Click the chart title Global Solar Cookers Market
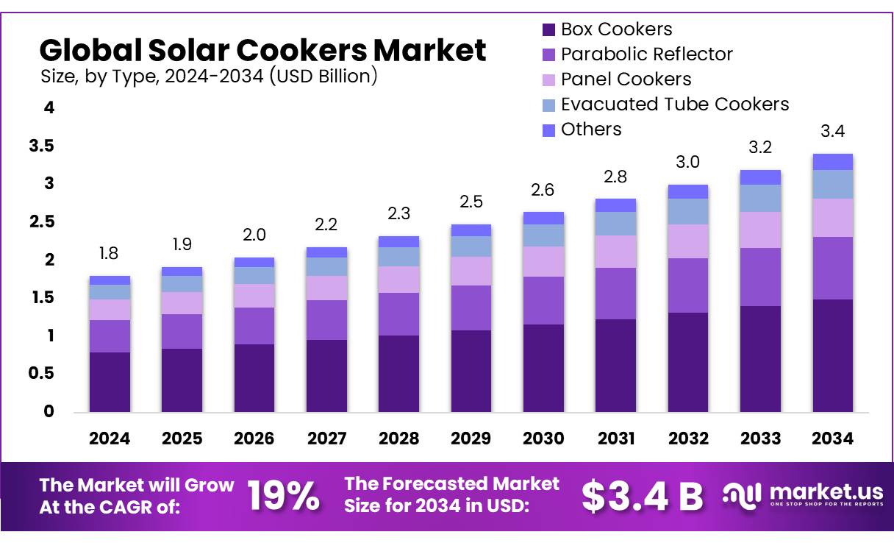[262, 50]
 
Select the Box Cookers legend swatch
[548, 30]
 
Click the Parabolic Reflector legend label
[646, 54]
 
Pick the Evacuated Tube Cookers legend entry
[674, 104]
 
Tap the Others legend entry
[590, 129]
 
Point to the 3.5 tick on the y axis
[42, 146]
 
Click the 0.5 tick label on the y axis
[42, 373]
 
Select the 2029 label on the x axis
[471, 439]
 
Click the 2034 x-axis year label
[832, 439]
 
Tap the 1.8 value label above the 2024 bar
[110, 254]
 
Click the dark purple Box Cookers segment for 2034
[832, 355]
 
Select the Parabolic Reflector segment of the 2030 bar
[543, 300]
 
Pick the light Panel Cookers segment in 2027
[326, 288]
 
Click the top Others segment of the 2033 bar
[760, 177]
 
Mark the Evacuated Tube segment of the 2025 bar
[182, 284]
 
